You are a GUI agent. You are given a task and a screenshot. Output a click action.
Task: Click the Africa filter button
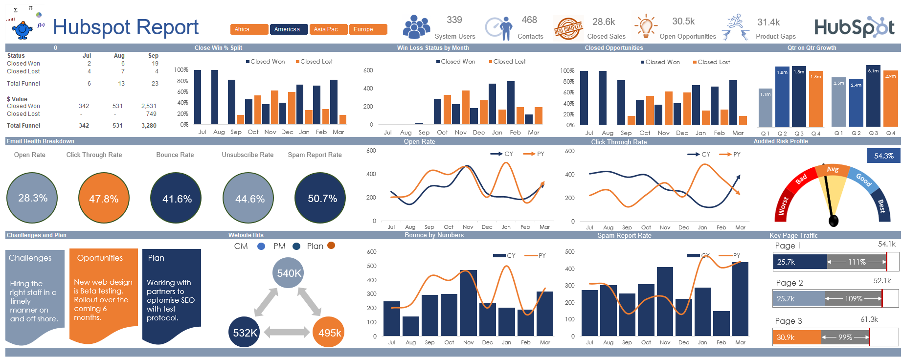coord(249,29)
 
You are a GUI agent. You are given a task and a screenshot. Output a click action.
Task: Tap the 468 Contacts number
coord(529,20)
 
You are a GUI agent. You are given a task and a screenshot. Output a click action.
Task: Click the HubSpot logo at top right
coord(854,27)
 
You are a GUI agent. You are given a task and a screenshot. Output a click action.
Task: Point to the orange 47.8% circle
coord(104,198)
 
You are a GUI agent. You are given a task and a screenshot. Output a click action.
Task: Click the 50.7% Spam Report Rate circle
coord(322,198)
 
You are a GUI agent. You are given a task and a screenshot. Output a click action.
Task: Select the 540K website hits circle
coord(289,273)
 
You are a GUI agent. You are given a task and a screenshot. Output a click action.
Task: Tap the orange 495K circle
coord(329,333)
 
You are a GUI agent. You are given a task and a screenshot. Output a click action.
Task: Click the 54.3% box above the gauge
coord(883,156)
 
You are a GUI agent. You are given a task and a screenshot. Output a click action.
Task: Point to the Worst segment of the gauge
coord(783,205)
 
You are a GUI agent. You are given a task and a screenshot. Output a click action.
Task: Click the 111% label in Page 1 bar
coord(857,262)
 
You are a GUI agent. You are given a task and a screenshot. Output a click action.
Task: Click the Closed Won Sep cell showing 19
coord(155,64)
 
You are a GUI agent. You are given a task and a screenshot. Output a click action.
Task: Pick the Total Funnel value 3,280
coord(149,126)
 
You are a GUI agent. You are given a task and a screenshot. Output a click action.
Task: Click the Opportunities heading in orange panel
coord(100,258)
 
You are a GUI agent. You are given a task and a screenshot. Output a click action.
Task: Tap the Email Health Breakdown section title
coord(41,141)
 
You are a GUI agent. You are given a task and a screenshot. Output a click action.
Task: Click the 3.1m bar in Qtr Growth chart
coord(873,95)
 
